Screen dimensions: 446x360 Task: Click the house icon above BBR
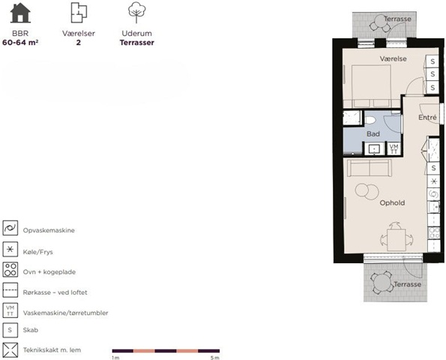pos(20,13)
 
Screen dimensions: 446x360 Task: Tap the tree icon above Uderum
pos(136,12)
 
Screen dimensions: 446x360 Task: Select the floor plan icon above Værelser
pos(79,13)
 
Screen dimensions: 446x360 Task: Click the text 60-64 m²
pos(20,43)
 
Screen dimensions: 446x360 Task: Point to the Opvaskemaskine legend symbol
pos(10,228)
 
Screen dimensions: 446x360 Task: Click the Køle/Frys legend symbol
pos(10,249)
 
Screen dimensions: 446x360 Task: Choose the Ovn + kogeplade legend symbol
pos(10,269)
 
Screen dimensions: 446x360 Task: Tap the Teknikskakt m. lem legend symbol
pos(10,349)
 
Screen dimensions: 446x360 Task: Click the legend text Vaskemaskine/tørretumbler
pos(65,313)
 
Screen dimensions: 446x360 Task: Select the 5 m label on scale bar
pos(214,358)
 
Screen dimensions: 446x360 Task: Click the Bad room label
pos(373,133)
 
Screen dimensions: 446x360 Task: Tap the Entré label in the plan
pos(427,117)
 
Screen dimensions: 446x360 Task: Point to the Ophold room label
pos(392,203)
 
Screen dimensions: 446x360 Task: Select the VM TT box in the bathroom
pos(394,148)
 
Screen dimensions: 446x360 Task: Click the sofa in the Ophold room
pos(370,167)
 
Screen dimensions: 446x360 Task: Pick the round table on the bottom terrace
pos(382,283)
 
